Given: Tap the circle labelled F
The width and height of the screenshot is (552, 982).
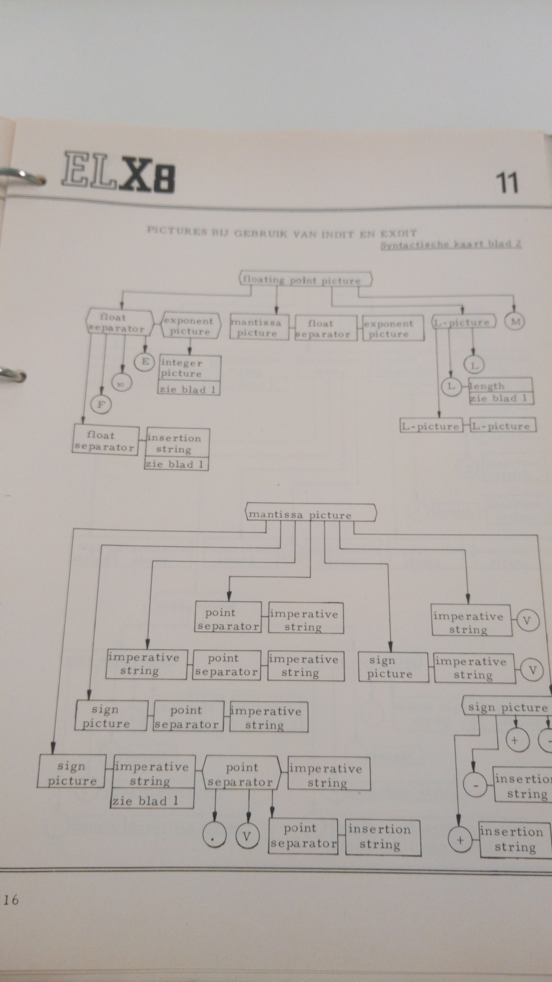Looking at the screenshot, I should tap(101, 404).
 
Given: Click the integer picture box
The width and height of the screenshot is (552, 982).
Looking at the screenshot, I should tap(189, 368).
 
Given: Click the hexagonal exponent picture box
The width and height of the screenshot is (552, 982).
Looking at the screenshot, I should tap(190, 326).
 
